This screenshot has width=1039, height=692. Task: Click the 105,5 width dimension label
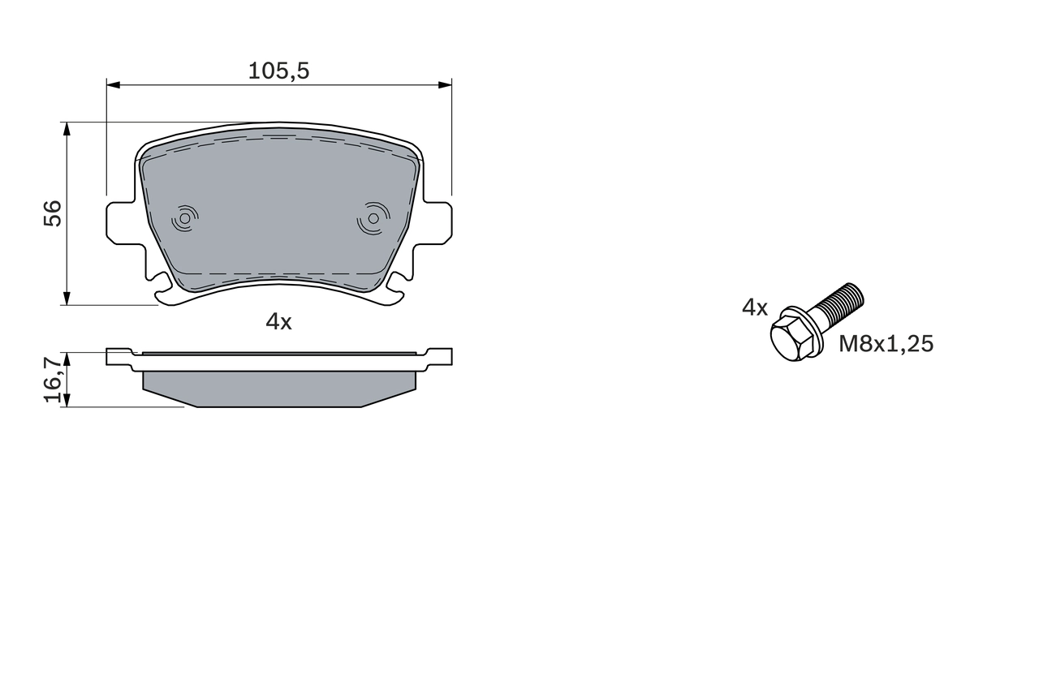point(278,71)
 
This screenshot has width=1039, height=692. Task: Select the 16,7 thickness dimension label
point(52,379)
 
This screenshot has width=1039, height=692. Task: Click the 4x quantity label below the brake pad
point(278,322)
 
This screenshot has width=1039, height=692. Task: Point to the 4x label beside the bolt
point(754,307)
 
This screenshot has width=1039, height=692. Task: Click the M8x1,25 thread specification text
point(886,344)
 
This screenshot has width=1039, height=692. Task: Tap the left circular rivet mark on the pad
point(185,217)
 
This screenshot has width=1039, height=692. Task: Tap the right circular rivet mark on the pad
point(373,217)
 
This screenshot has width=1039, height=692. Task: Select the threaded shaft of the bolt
point(839,304)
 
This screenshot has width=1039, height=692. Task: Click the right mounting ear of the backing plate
point(438,222)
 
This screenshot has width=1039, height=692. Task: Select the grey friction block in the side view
point(278,388)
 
